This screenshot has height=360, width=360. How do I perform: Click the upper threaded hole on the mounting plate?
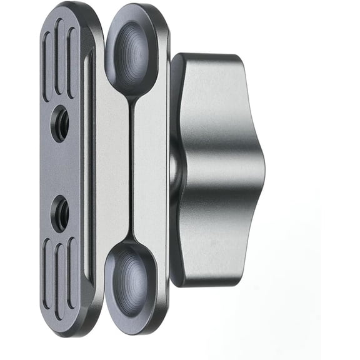(x=60, y=115)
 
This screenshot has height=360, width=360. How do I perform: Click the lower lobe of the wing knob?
(x=216, y=250)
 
